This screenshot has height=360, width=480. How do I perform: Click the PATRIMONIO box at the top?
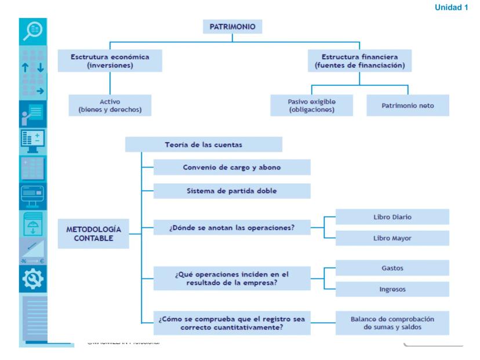coord(232,26)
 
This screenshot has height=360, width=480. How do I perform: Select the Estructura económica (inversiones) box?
coord(110,60)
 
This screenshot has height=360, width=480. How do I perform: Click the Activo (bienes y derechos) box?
coord(110,106)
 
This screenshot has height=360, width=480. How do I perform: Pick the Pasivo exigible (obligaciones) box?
coord(312,106)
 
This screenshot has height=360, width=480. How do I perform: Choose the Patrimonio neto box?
coord(408,106)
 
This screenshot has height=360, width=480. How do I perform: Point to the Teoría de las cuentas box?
coord(203,144)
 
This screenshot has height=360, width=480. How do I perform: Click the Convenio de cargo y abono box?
coord(232,167)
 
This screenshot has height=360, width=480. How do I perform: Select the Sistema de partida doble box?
coord(232,191)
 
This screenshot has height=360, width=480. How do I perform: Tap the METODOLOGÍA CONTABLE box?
coord(93,234)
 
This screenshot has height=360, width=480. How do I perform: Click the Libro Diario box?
coord(392,217)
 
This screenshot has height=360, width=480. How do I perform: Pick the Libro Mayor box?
coord(392,238)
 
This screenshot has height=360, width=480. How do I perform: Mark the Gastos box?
coord(392,268)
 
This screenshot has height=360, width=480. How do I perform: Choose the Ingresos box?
coord(392,289)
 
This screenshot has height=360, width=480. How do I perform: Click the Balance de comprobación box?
coord(392,323)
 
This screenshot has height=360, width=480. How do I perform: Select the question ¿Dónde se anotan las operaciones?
coord(232,227)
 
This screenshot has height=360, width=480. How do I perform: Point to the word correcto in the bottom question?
coord(198,328)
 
